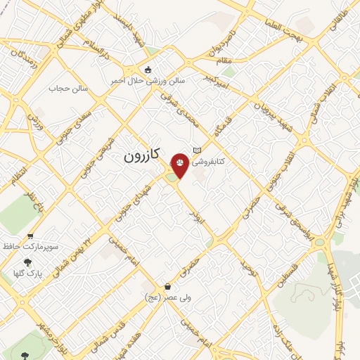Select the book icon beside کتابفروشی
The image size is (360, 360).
tap(197, 150)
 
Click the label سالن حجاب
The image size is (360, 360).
tap(67, 89)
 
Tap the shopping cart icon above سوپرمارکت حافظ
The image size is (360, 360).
tap(30, 236)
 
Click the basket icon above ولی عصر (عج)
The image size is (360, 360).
tap(167, 286)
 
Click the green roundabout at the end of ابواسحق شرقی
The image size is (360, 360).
tap(319, 243)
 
